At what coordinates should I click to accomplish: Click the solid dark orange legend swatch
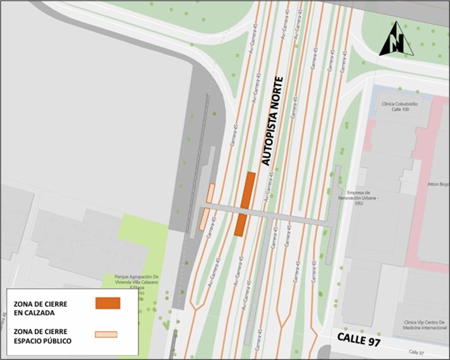click(x=107, y=303)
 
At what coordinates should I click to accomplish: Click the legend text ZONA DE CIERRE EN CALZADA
click(x=40, y=308)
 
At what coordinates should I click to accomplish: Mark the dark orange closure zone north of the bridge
click(x=248, y=189)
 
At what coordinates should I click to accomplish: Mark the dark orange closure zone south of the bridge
click(x=240, y=225)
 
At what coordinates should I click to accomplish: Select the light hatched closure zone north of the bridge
click(x=211, y=193)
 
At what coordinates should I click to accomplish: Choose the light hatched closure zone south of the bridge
click(x=204, y=220)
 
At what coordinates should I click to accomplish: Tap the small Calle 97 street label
click(x=415, y=352)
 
